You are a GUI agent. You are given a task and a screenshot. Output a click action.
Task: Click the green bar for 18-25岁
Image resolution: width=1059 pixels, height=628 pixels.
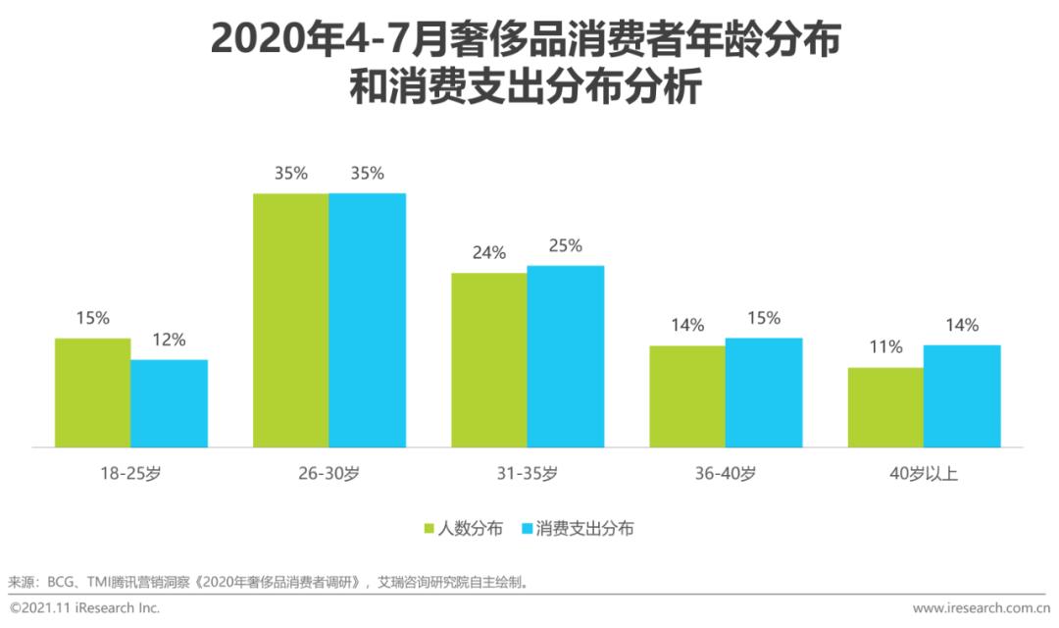coord(93,392)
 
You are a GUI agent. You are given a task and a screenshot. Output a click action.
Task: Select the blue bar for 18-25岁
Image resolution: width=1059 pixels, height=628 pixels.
coord(169,403)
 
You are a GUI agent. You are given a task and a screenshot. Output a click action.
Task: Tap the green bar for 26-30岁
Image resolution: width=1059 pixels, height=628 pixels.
coord(291,320)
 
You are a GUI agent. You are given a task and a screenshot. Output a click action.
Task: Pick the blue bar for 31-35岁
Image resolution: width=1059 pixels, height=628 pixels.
coord(565,356)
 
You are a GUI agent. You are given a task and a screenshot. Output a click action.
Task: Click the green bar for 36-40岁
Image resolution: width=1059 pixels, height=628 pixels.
coord(687,396)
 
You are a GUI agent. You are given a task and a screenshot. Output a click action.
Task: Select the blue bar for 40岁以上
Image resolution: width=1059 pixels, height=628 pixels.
coord(962,396)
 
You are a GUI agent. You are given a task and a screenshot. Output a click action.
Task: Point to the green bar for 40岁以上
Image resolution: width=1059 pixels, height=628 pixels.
coord(885,407)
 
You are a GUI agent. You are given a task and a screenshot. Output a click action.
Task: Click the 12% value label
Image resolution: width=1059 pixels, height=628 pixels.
coord(169,340)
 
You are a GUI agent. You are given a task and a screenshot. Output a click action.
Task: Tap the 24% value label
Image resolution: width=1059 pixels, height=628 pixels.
coord(488,253)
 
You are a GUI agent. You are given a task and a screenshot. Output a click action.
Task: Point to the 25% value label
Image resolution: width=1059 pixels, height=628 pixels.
coord(565,246)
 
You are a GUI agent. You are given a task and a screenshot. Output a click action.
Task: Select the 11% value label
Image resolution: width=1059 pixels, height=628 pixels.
coord(885,348)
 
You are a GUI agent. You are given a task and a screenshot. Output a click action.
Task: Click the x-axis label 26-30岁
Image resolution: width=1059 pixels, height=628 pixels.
coord(329,475)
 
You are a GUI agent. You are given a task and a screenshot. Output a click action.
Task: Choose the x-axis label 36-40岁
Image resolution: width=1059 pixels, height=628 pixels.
coord(725,475)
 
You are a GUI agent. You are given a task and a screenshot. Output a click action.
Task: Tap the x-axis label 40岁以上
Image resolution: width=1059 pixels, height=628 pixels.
coord(923,475)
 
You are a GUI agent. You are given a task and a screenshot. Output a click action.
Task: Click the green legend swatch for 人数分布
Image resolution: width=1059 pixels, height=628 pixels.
coord(429,529)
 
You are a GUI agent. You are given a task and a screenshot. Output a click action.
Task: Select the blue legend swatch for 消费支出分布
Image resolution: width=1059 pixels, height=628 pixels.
coord(526,529)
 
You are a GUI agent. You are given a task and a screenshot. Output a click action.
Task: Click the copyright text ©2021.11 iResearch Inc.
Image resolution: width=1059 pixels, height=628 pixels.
coord(84,608)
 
